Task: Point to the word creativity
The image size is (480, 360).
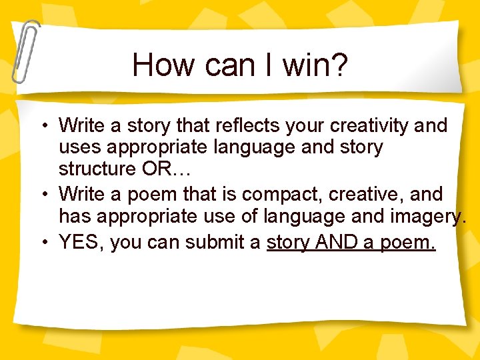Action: pyautogui.click(x=372, y=125)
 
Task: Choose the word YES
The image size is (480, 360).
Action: pyautogui.click(x=81, y=243)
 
